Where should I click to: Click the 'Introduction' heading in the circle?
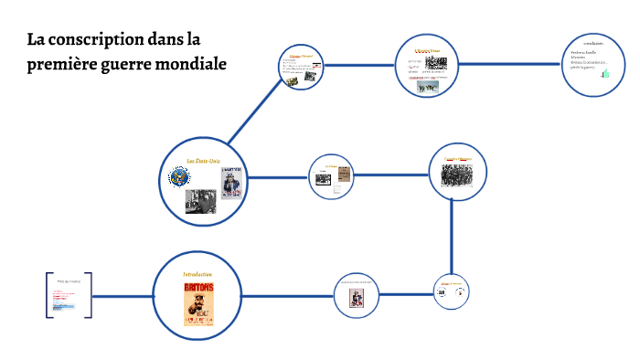(x=197, y=274)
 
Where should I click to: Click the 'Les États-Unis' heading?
(x=203, y=161)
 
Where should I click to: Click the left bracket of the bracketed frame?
(x=48, y=295)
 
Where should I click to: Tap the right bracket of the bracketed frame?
(x=89, y=295)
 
